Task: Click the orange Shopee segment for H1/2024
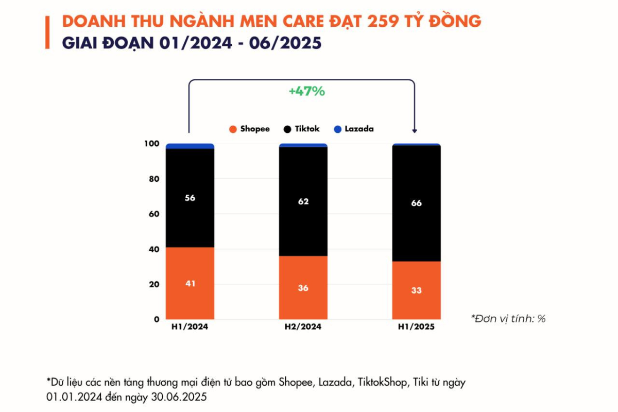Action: pos(190,283)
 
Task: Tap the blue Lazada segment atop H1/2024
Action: pos(190,146)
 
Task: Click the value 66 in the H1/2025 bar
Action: pos(416,203)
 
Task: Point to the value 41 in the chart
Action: pos(190,283)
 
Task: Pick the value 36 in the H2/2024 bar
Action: pos(303,288)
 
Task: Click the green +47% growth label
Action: pos(306,92)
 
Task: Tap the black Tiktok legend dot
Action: pos(287,129)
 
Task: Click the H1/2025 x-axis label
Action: pos(416,327)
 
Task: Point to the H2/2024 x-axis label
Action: pos(303,327)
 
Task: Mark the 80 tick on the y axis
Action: pos(153,179)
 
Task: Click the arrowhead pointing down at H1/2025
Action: pos(415,130)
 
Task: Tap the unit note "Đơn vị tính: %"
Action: pos(508,319)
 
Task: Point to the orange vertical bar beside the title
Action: pos(47,32)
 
